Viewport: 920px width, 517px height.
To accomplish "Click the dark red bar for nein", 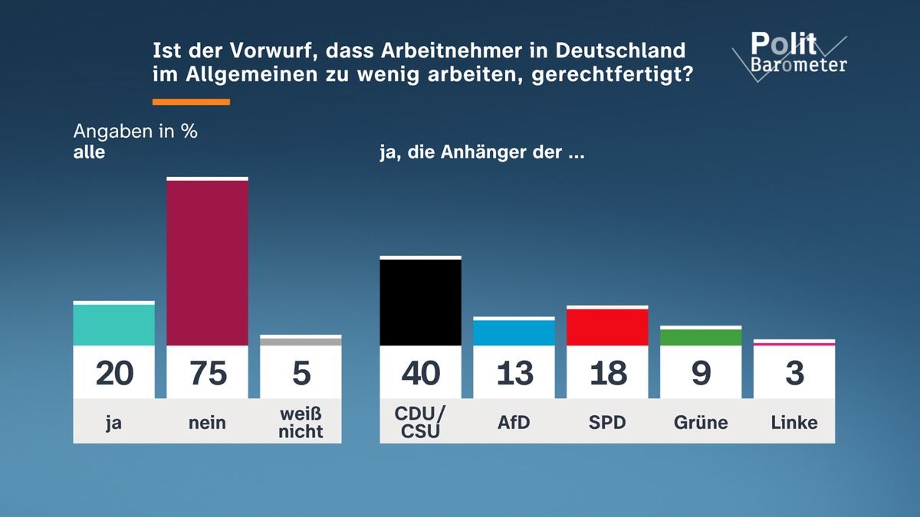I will tap(207, 263).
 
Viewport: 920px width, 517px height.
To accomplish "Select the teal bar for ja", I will tap(113, 325).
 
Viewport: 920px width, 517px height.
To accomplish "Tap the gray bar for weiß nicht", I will tap(301, 341).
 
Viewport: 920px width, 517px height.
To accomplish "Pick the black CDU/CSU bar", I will tap(420, 303).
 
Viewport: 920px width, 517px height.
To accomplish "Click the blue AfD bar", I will tap(514, 332).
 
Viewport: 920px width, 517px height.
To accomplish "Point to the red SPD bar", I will tap(607, 327).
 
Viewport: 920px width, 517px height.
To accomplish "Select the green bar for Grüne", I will tap(701, 337).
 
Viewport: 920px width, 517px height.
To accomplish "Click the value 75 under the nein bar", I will tap(207, 373).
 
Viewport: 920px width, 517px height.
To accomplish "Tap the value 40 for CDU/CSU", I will tap(420, 373).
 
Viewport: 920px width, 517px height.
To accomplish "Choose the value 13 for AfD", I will tap(514, 373).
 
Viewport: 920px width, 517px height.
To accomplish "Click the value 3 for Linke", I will tap(794, 373).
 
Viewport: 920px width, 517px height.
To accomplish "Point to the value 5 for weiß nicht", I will tap(301, 373).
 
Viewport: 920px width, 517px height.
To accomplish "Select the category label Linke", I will tap(794, 422).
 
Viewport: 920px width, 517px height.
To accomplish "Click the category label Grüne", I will tap(701, 422).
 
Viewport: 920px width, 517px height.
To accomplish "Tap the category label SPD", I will tap(607, 422).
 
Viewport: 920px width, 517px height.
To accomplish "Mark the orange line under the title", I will tap(191, 102).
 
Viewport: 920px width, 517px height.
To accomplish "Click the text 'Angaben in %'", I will tap(136, 131).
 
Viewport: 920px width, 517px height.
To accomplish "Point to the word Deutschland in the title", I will tap(620, 51).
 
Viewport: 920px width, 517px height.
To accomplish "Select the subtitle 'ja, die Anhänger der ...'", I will tap(482, 152).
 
